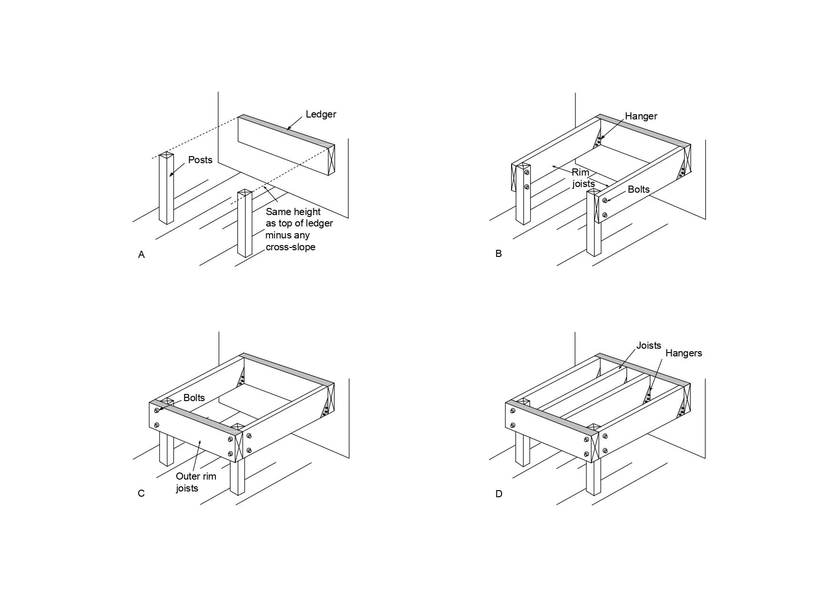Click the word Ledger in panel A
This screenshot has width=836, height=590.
tap(321, 114)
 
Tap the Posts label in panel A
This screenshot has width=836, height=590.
tap(200, 160)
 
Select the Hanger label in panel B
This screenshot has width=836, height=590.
tap(641, 116)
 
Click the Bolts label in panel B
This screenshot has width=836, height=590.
tap(638, 189)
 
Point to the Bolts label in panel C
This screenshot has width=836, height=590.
tap(194, 398)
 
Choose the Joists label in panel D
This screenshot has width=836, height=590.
tap(649, 345)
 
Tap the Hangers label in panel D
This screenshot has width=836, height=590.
tap(684, 353)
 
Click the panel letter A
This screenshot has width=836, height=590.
tap(141, 255)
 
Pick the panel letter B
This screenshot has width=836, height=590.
tap(499, 254)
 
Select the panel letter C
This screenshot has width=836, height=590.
tap(141, 493)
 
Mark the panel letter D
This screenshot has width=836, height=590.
tap(499, 494)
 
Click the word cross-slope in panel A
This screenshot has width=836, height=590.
tap(291, 247)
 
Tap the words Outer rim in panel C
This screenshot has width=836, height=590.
tap(196, 476)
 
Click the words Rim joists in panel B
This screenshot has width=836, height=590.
tap(584, 178)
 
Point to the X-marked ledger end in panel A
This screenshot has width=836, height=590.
tap(331, 160)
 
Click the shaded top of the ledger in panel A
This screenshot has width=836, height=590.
tap(286, 130)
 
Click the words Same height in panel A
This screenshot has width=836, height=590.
tap(293, 212)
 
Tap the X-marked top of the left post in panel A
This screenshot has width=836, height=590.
tap(166, 156)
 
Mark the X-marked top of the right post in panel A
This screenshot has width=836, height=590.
tap(245, 193)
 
